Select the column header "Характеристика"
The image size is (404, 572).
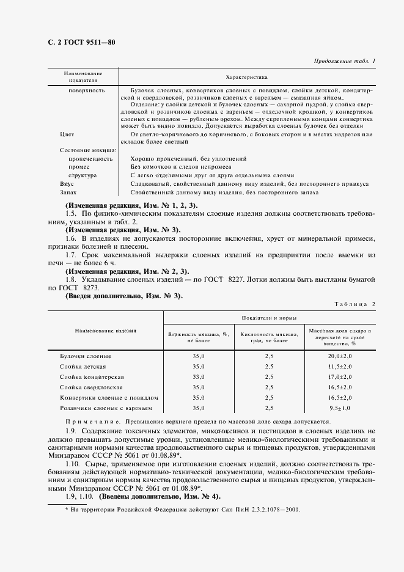point(247,78)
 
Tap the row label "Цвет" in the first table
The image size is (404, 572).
point(67,133)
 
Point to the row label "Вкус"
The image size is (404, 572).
point(67,183)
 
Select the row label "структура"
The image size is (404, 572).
point(86,175)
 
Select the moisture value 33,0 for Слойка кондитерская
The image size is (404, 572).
point(199,377)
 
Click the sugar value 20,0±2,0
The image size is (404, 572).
point(340,356)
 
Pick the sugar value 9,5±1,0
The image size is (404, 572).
point(340,408)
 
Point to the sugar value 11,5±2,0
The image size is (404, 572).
point(340,366)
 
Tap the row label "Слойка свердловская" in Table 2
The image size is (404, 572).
point(91,387)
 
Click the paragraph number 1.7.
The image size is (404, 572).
point(70,253)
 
